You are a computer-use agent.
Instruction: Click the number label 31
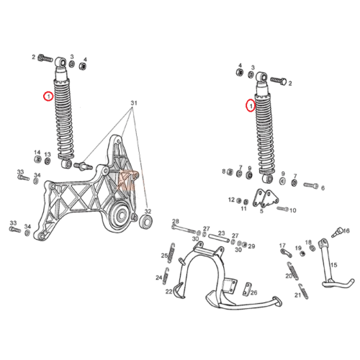pyautogui.click(x=134, y=103)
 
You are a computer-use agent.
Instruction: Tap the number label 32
pyautogui.click(x=148, y=212)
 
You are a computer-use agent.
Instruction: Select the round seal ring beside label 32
pyautogui.click(x=145, y=222)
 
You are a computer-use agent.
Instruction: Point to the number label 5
pyautogui.click(x=261, y=211)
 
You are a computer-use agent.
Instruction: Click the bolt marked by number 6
pyautogui.click(x=311, y=186)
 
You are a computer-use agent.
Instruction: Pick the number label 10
pyautogui.click(x=293, y=210)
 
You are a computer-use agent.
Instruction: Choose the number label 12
pyautogui.click(x=231, y=199)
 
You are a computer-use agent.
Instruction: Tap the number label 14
pyautogui.click(x=37, y=153)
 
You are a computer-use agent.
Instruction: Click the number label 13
pyautogui.click(x=48, y=155)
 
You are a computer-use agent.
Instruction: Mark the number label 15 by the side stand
pyautogui.click(x=334, y=265)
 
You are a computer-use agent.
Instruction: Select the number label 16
pyautogui.click(x=346, y=230)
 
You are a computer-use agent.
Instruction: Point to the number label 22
pyautogui.click(x=169, y=292)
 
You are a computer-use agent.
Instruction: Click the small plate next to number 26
pyautogui.click(x=246, y=289)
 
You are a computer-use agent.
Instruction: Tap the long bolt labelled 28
pyautogui.click(x=184, y=229)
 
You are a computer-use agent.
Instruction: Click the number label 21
pyautogui.click(x=298, y=295)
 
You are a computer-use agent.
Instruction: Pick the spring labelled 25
pyautogui.click(x=171, y=253)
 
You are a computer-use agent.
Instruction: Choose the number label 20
pyautogui.click(x=289, y=276)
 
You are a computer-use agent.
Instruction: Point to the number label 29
pyautogui.click(x=251, y=246)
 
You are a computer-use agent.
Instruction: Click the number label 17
pyautogui.click(x=282, y=246)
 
